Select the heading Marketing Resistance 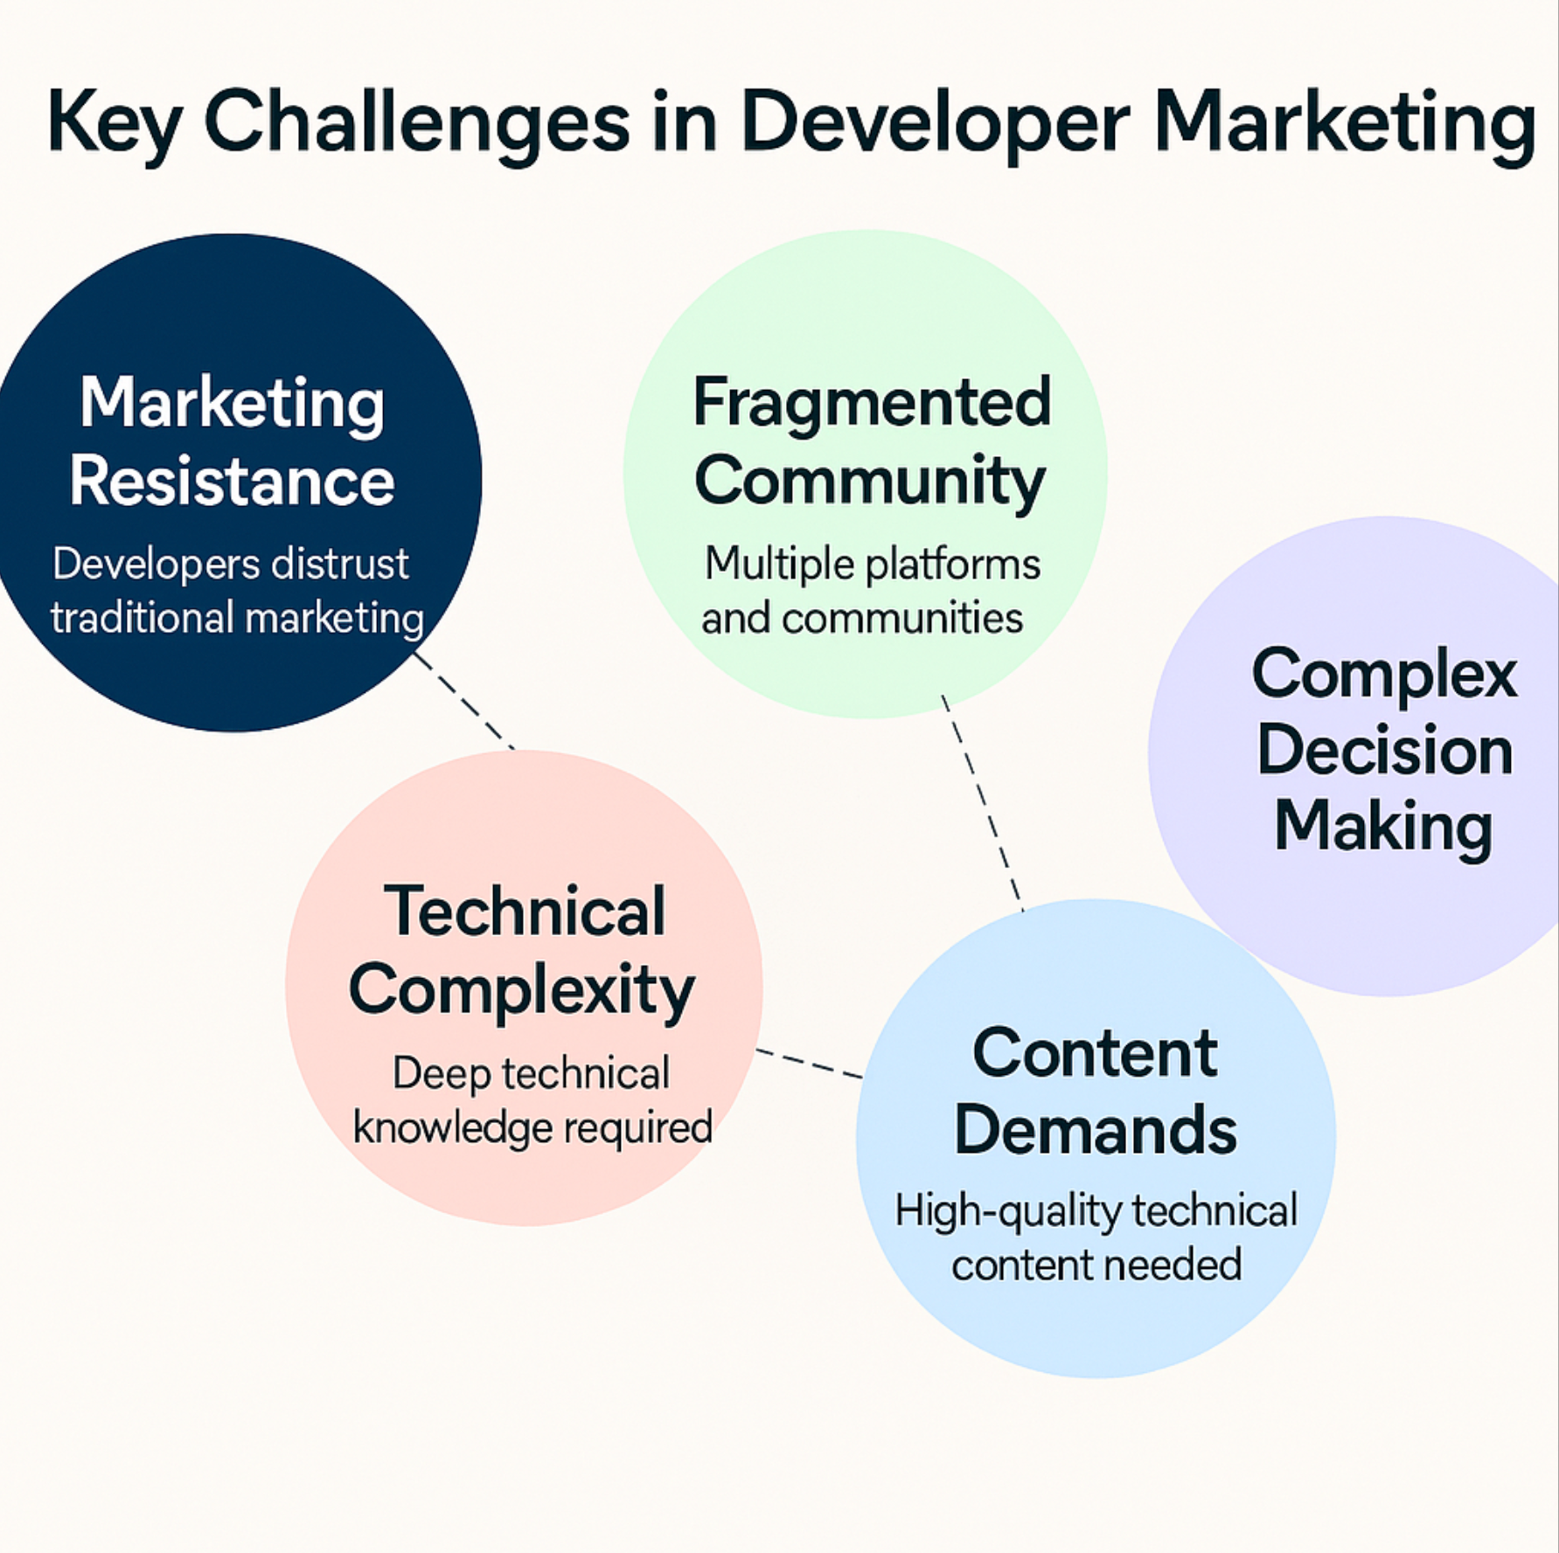pyautogui.click(x=233, y=441)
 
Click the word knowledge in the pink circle pyautogui.click(x=453, y=1127)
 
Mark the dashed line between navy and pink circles pyautogui.click(x=463, y=700)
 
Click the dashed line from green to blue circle pyautogui.click(x=982, y=802)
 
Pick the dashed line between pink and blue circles pyautogui.click(x=810, y=1064)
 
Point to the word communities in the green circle pyautogui.click(x=901, y=619)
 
